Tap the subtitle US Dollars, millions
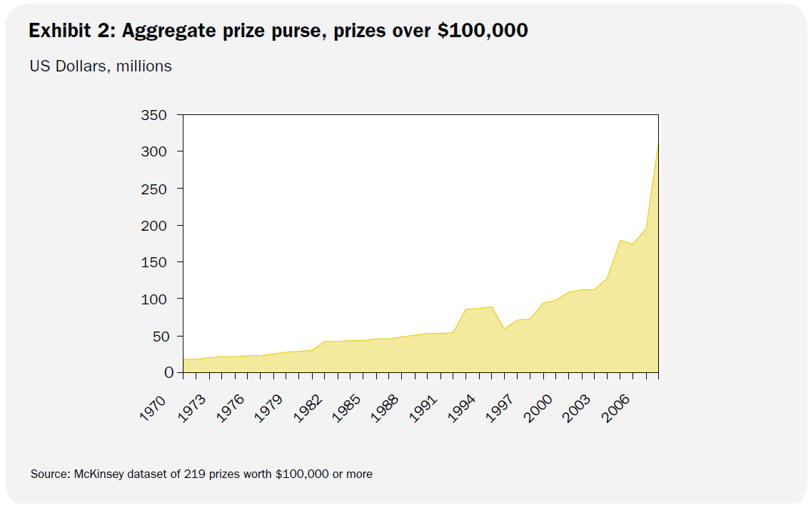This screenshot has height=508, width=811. click(101, 66)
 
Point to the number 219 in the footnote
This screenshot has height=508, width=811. click(193, 474)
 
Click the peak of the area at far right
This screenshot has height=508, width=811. click(658, 143)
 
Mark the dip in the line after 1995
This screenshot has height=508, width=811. click(504, 329)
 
